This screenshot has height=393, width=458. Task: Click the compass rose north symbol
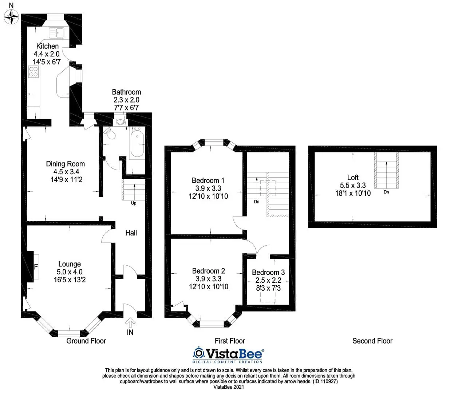(x=11, y=17)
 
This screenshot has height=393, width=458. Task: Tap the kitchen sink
(x=56, y=33)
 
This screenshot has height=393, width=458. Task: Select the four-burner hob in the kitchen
(x=33, y=72)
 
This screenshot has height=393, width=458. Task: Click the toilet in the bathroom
(x=110, y=133)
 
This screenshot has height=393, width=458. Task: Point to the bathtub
(x=137, y=143)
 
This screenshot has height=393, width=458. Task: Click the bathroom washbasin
(x=120, y=122)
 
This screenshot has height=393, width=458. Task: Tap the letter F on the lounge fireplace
(x=36, y=267)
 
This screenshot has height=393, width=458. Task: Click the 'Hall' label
(x=131, y=233)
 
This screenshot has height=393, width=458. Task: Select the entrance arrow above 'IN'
(x=130, y=323)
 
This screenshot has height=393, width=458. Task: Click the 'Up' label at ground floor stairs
(x=134, y=203)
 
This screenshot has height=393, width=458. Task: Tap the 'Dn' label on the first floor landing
(x=257, y=202)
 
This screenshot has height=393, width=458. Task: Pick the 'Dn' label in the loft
(x=386, y=192)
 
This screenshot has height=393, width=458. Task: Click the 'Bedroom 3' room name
(x=268, y=272)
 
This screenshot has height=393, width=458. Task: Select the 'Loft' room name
(x=353, y=178)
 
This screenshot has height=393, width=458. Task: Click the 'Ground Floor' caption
(x=86, y=341)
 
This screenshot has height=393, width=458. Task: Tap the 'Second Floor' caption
(x=372, y=341)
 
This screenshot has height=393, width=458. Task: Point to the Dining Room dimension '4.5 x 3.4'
(x=66, y=171)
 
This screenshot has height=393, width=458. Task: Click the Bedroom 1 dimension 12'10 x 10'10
(x=208, y=196)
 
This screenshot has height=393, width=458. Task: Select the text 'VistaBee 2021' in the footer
(x=229, y=387)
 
